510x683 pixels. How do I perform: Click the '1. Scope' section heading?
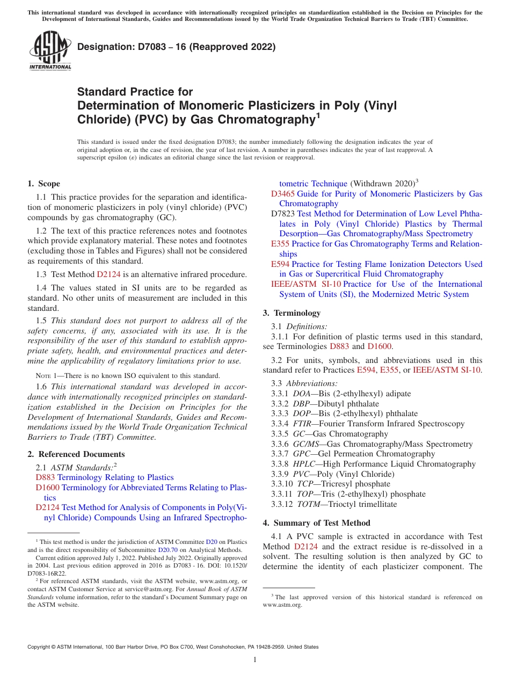coord(44,184)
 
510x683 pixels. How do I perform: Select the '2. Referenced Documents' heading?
coord(76,454)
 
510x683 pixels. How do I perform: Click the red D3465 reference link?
coord(283,194)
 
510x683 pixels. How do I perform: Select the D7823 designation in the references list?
coord(283,214)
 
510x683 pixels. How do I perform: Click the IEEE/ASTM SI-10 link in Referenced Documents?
coord(306,284)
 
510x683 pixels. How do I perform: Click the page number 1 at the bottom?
coord(254,659)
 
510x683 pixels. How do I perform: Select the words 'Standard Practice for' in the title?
coord(135,92)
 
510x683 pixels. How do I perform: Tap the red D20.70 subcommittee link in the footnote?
coord(166,550)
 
